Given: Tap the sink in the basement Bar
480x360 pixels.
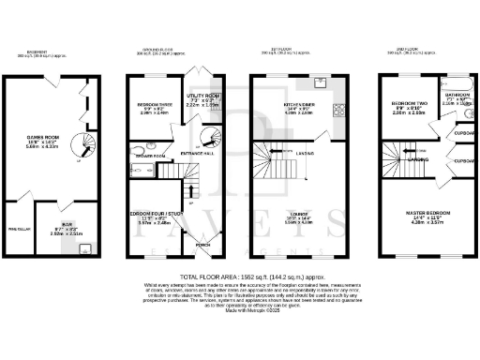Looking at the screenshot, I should click(x=86, y=248).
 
